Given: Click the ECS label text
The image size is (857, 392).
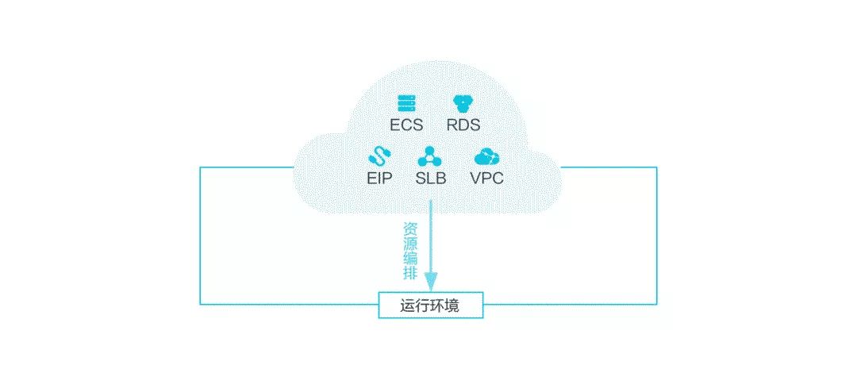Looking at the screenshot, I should click(x=406, y=125).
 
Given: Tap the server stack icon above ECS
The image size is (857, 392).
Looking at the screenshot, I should click(x=407, y=103).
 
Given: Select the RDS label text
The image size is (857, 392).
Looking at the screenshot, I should click(x=463, y=125).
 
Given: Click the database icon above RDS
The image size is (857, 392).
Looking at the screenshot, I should click(x=463, y=103).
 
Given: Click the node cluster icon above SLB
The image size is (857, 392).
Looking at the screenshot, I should click(x=431, y=154).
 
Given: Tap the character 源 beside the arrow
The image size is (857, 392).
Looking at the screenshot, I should click(x=410, y=245).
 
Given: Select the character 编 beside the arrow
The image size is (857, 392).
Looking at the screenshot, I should click(x=410, y=260).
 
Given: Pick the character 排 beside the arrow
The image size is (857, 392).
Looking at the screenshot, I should click(x=410, y=275).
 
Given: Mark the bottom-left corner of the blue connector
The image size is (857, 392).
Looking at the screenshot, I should click(x=200, y=303).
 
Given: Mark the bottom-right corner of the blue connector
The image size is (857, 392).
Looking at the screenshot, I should click(x=657, y=303).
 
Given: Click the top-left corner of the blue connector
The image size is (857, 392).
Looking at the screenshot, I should click(x=200, y=167).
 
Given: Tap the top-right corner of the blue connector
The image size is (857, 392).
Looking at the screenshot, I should click(x=657, y=167).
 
